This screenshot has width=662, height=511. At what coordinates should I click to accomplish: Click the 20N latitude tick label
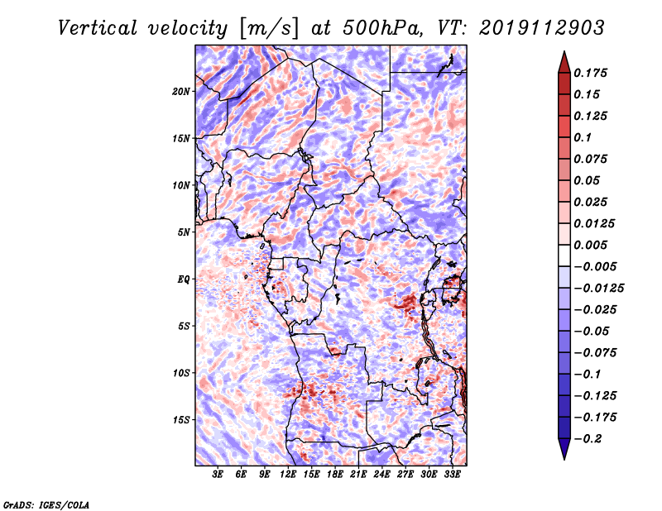[181, 91]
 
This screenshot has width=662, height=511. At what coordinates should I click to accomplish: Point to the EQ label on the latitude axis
[184, 279]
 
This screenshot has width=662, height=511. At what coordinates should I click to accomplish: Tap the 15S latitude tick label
[181, 420]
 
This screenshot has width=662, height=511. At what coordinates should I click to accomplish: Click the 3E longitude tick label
[218, 475]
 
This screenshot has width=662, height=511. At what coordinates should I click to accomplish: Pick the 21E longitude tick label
[359, 475]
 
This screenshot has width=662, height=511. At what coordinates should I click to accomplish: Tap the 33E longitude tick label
[453, 475]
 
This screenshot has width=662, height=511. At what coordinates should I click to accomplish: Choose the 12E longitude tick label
[289, 475]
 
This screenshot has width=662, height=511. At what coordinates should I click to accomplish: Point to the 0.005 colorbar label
[592, 245]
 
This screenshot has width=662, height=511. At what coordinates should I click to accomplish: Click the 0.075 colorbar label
[592, 159]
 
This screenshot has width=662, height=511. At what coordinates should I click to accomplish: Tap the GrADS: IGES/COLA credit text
[46, 503]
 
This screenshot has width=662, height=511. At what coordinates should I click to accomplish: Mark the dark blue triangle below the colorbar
[564, 450]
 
